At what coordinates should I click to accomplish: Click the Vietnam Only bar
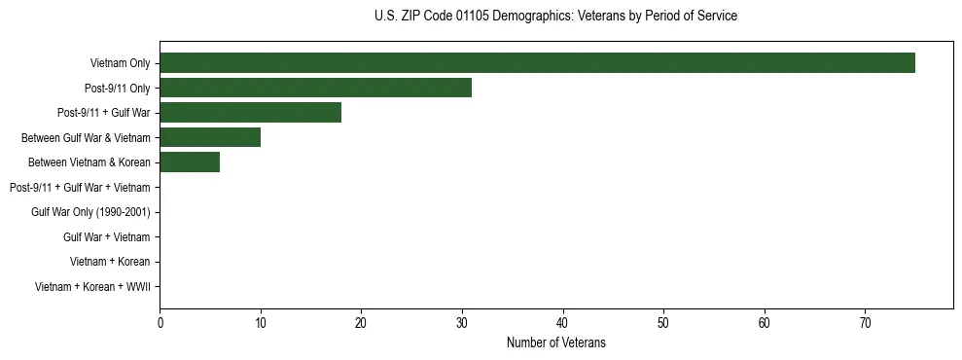[x=537, y=63]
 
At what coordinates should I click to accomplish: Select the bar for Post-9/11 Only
[x=315, y=88]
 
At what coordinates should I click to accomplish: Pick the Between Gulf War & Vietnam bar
[x=210, y=137]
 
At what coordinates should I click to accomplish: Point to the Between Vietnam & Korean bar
[x=190, y=162]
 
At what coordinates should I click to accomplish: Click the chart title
[x=555, y=16]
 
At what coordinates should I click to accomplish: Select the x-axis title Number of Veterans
[x=555, y=342]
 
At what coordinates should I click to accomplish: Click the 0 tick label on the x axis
[x=160, y=324]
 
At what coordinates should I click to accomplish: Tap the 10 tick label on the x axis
[x=261, y=324]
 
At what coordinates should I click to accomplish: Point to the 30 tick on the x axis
[x=462, y=324]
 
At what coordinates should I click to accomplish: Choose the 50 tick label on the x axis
[x=663, y=324]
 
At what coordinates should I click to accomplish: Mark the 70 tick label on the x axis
[x=865, y=324]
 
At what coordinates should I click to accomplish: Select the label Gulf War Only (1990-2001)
[x=90, y=212]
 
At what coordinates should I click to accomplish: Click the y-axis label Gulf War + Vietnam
[x=107, y=237]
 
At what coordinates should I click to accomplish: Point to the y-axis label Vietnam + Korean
[x=110, y=262]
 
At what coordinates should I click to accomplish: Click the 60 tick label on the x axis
[x=765, y=324]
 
